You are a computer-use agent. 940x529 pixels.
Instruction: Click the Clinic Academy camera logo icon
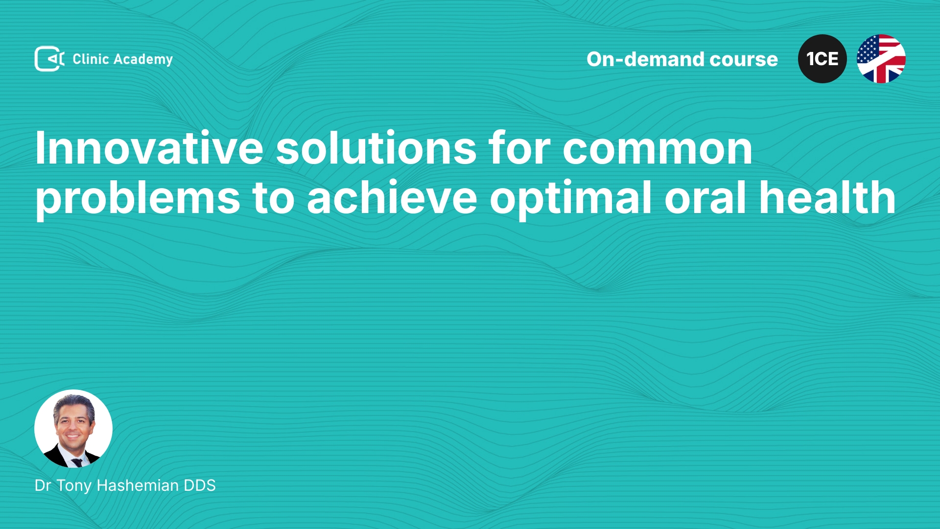[49, 59]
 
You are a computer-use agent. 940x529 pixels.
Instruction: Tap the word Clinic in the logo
[91, 59]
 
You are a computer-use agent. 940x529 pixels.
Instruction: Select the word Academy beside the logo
[143, 60]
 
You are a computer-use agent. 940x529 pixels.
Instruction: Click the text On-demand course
[682, 59]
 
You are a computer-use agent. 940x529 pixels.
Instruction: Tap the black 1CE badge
[822, 59]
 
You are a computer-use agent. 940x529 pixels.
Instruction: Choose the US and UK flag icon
[881, 59]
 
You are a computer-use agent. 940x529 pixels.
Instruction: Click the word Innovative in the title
[149, 148]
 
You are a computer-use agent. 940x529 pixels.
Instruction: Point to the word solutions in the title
[376, 148]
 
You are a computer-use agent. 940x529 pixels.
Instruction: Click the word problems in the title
[138, 198]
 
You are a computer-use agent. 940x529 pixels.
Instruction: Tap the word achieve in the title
[392, 198]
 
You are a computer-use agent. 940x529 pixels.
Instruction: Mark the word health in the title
[827, 197]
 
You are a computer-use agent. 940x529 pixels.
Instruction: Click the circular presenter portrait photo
[73, 429]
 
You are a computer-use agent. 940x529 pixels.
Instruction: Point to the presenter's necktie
[77, 462]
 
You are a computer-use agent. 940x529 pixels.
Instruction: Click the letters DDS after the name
[200, 485]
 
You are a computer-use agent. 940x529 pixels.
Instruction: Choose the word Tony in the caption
[74, 486]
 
